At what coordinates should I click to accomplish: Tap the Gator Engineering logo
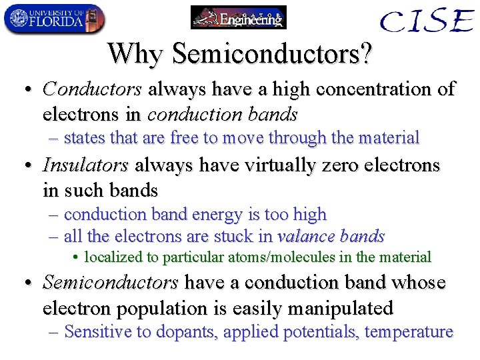pyautogui.click(x=238, y=17)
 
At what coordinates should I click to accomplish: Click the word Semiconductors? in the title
pyautogui.click(x=273, y=53)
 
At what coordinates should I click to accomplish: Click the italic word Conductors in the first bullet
pyautogui.click(x=92, y=89)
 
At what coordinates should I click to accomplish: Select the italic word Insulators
pyautogui.click(x=85, y=165)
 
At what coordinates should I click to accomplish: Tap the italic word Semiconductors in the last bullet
pyautogui.click(x=110, y=283)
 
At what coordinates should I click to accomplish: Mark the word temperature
pyautogui.click(x=411, y=331)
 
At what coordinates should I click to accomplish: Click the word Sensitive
pyautogui.click(x=99, y=331)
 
